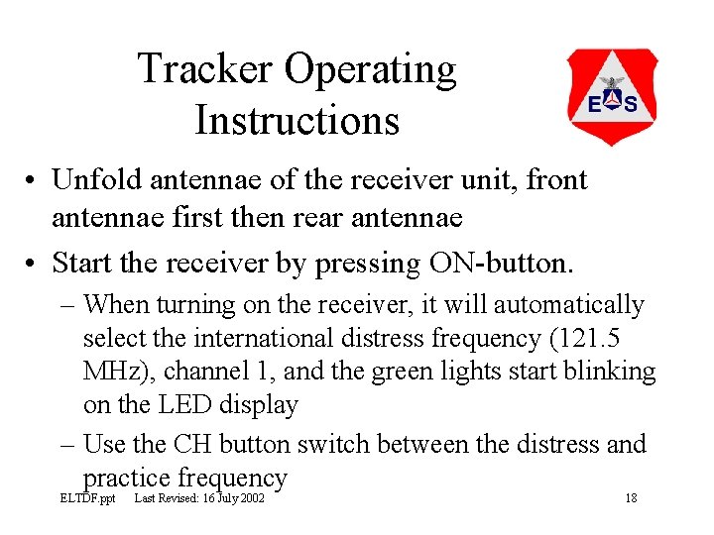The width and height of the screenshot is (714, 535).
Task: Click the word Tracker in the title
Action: tap(205, 70)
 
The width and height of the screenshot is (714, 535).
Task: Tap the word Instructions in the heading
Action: tap(297, 120)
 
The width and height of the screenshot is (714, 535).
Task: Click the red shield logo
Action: tap(612, 96)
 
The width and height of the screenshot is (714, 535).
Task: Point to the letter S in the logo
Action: tap(630, 103)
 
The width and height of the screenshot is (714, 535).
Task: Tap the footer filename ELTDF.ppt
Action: tap(87, 497)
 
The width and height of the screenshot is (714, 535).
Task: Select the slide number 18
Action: tap(631, 497)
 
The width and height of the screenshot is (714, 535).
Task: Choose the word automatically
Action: tap(569, 305)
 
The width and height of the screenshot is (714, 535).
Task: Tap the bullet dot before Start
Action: tap(33, 264)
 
